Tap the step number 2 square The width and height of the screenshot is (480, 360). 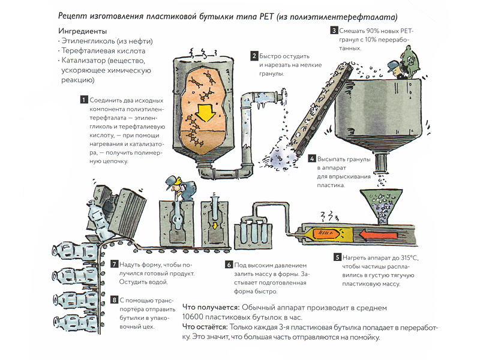pyautogui.click(x=254, y=56)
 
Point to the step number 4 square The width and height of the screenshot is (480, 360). pyautogui.click(x=312, y=159)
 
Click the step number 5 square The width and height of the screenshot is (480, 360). pyautogui.click(x=338, y=257)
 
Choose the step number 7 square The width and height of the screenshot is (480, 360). pyautogui.click(x=115, y=265)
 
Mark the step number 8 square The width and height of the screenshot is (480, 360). pyautogui.click(x=115, y=299)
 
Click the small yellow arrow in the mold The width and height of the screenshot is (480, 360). pyautogui.click(x=215, y=226)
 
